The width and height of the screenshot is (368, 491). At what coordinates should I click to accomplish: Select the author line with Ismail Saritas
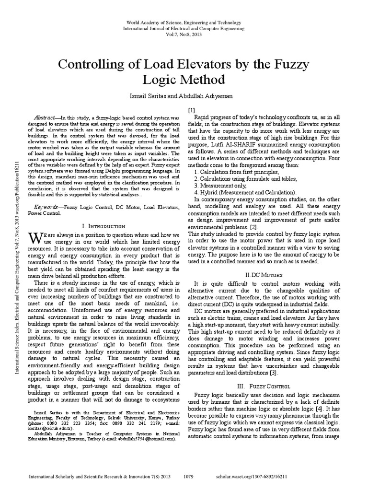tap(184, 96)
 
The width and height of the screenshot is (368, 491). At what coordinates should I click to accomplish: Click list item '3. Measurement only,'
tap(220, 185)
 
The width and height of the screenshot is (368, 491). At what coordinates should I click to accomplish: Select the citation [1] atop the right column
tap(192, 110)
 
